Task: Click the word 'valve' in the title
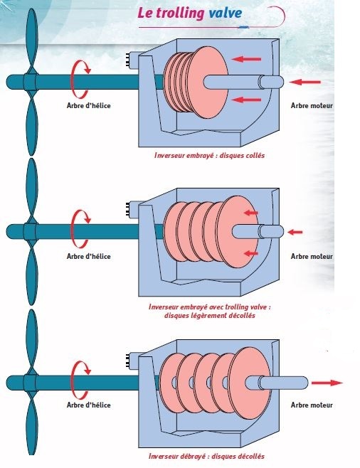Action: point(225,14)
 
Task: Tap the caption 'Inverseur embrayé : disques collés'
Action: point(209,156)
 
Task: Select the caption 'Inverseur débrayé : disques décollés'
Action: point(206,457)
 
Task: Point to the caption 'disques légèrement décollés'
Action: point(210,316)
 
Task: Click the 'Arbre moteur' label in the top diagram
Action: point(312,106)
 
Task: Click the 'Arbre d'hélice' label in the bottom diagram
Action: point(89,405)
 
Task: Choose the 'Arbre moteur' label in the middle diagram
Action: point(312,256)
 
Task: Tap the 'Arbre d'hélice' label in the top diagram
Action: point(89,106)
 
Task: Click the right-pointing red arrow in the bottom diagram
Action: point(327,383)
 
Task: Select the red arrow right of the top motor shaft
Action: point(305,82)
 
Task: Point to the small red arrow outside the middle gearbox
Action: point(295,232)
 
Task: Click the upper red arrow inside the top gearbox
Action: point(247,59)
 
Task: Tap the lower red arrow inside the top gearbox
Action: point(247,100)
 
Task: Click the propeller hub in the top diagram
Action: point(30,83)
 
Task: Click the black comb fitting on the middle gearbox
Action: point(128,210)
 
